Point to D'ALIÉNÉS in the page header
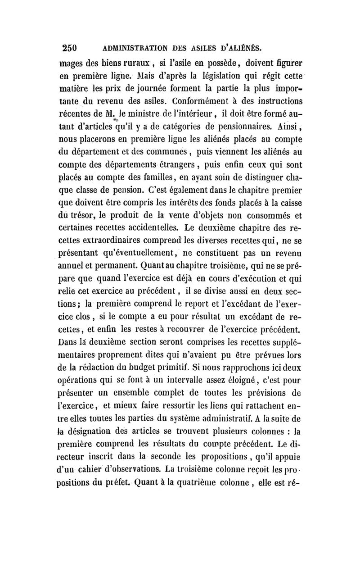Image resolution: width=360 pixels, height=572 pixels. pyautogui.click(x=239, y=48)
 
